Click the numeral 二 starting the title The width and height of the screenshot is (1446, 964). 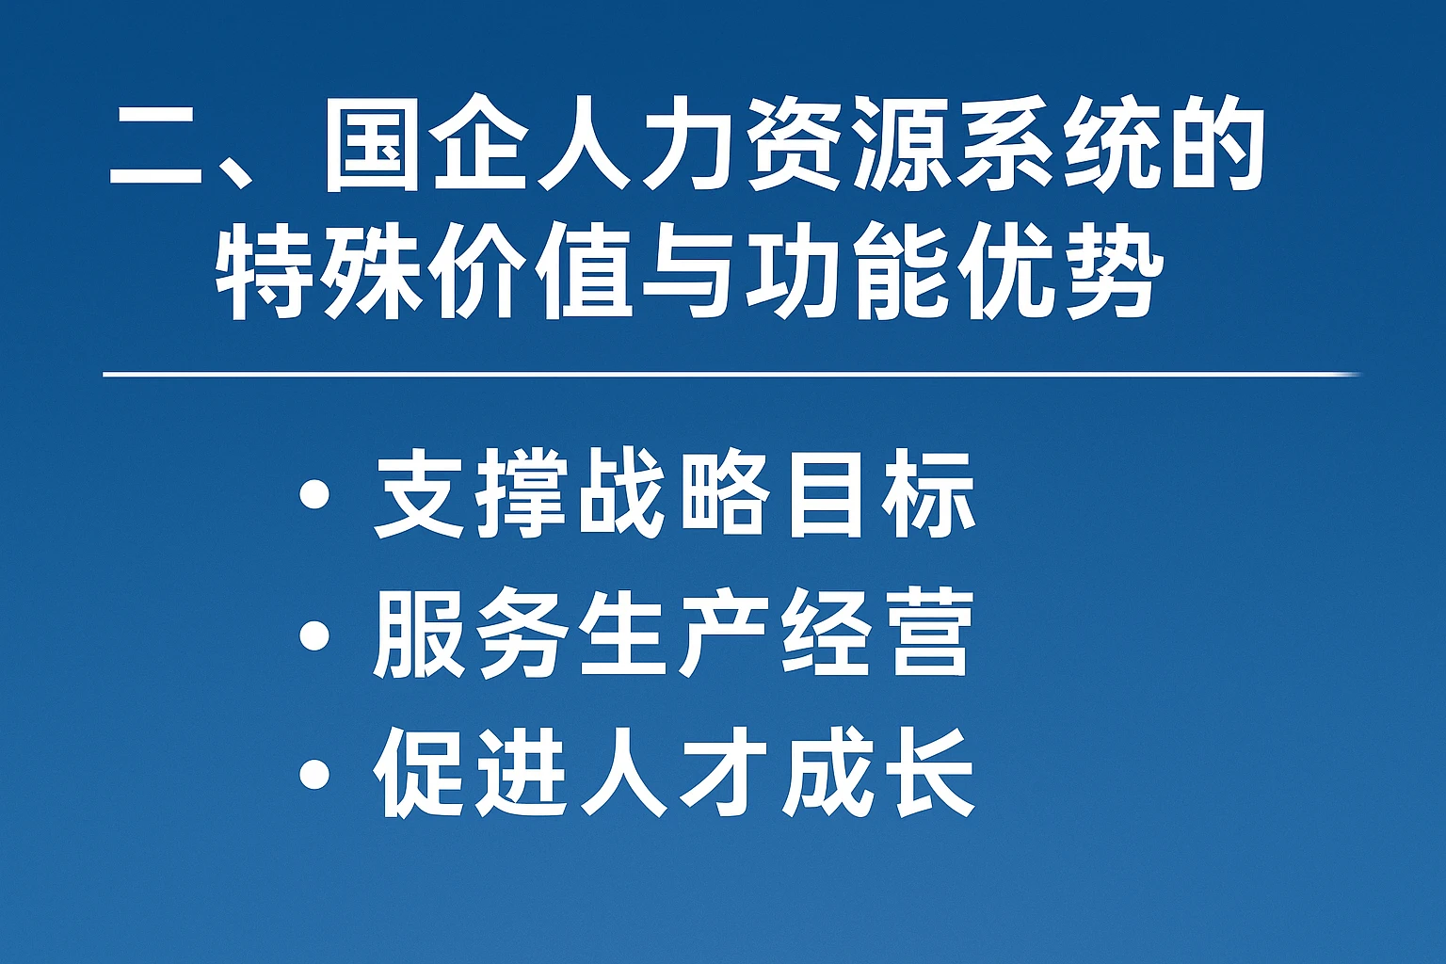coord(154,151)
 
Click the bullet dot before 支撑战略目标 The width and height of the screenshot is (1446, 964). coord(314,495)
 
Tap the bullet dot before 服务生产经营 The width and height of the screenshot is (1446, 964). coord(314,635)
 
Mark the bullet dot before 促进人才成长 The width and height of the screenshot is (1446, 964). coord(314,776)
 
